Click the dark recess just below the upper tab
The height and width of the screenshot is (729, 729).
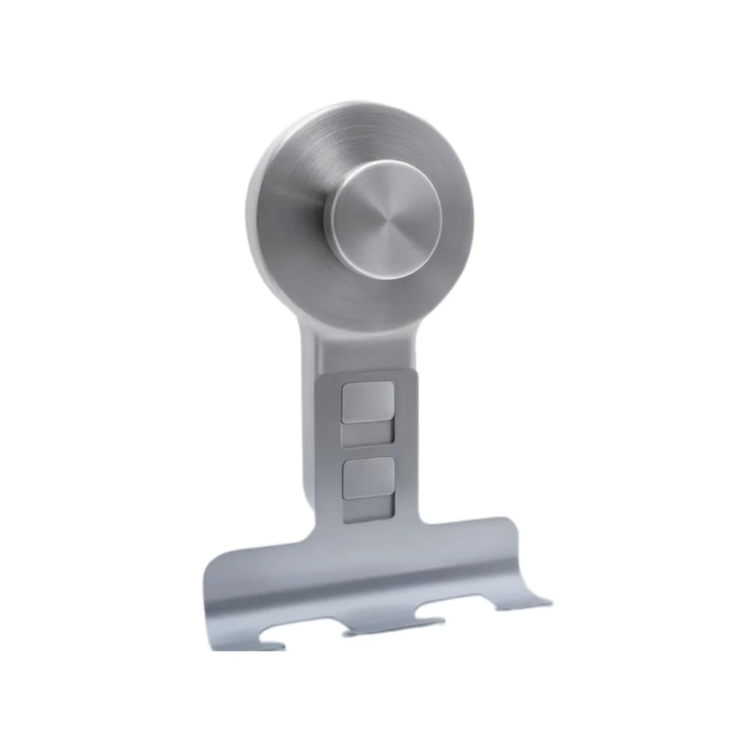tap(368, 434)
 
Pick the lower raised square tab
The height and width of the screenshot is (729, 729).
tap(368, 477)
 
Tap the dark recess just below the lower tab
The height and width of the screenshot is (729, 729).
tap(368, 508)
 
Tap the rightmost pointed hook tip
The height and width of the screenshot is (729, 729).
tap(548, 602)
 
